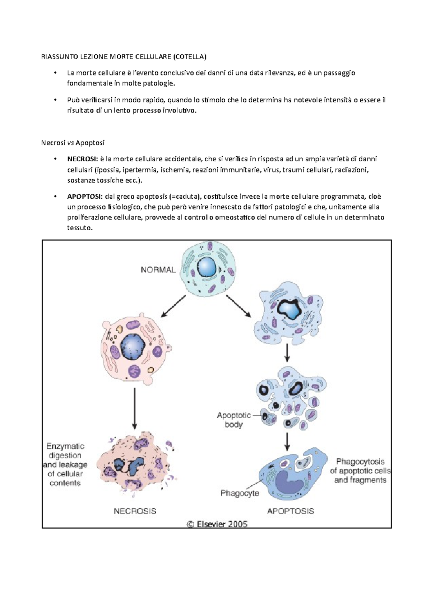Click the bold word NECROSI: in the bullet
(x=82, y=159)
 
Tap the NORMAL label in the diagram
(x=158, y=270)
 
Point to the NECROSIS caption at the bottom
(x=135, y=511)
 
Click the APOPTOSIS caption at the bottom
(x=291, y=511)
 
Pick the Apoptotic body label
(x=234, y=420)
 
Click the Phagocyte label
(x=240, y=493)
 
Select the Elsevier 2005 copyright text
(x=217, y=524)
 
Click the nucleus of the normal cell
(x=207, y=267)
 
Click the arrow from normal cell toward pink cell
(x=173, y=306)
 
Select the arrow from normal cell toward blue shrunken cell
(x=238, y=306)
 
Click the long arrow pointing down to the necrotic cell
(x=135, y=408)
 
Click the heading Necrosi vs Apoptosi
(x=73, y=143)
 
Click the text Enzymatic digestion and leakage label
(x=65, y=465)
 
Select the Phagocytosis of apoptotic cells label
(x=360, y=471)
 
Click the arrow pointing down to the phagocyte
(x=287, y=441)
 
